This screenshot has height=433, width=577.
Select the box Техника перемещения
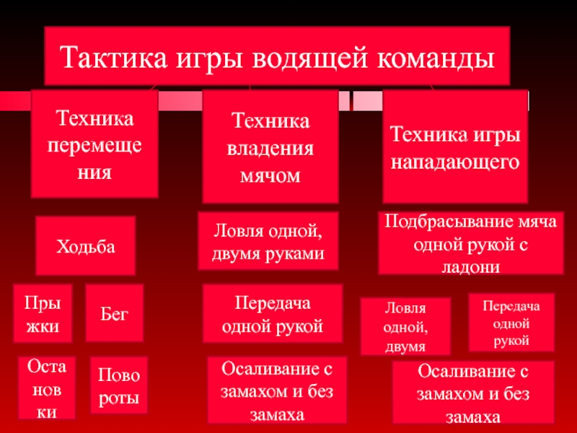tap(94, 144)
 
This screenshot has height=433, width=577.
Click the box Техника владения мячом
tap(270, 146)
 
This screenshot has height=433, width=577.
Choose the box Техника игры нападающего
tap(454, 146)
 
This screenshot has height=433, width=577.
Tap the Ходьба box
tap(87, 245)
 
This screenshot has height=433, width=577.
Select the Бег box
tap(114, 312)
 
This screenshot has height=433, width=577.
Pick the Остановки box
tap(46, 388)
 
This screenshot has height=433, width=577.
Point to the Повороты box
tap(118, 388)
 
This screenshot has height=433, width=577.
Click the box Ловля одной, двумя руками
tap(268, 243)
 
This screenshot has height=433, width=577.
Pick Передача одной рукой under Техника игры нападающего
tap(511, 323)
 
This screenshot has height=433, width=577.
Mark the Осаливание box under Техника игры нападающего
tap(472, 393)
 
